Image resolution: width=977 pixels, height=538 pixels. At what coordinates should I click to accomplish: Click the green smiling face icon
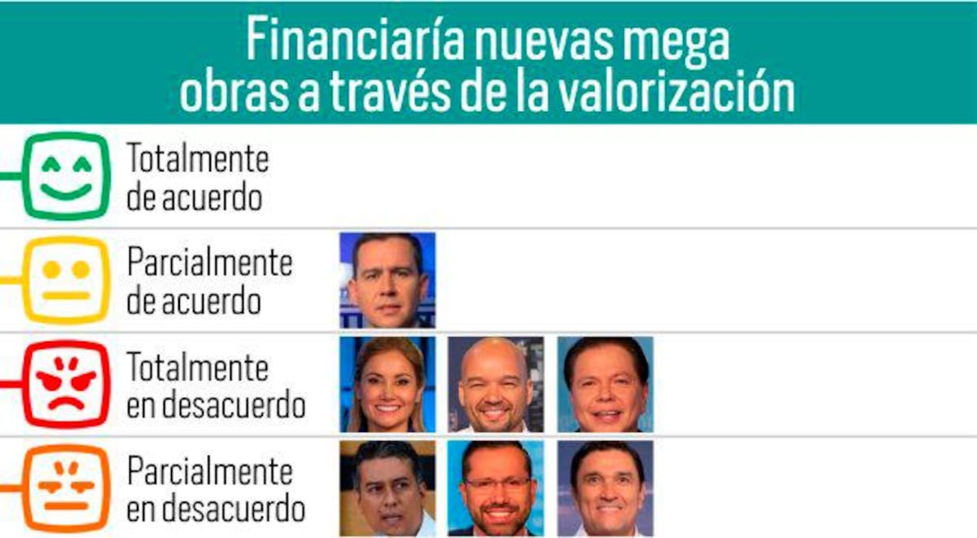[x=66, y=176]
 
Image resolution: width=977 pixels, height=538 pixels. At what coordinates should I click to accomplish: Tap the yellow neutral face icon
[x=66, y=280]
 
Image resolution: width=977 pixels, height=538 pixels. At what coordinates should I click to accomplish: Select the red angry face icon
[x=66, y=384]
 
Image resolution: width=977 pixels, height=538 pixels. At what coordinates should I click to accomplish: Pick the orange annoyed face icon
[x=66, y=488]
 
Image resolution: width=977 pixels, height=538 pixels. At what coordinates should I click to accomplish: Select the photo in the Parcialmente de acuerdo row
[x=388, y=280]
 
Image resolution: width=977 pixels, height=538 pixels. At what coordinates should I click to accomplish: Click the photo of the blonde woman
[x=388, y=384]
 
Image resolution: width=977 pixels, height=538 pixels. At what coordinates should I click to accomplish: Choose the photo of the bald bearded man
[x=496, y=384]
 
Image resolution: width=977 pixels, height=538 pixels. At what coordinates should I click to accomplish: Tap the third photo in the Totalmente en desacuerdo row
[x=605, y=384]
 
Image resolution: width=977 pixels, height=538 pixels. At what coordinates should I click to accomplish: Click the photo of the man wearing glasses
[x=496, y=488]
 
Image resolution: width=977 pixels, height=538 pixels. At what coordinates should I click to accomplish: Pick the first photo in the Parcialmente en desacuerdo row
[x=388, y=488]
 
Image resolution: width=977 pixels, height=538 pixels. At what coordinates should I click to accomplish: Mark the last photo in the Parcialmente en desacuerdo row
[x=605, y=488]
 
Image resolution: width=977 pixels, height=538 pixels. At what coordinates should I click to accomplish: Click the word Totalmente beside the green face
[x=197, y=159]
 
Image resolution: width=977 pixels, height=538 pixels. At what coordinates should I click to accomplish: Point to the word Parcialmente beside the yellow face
[x=209, y=262]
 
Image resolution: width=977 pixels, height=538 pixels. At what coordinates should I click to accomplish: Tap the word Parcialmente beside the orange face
[x=209, y=471]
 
